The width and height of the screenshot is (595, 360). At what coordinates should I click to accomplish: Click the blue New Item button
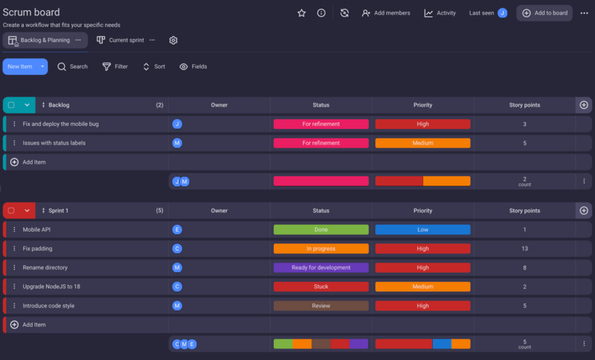(x=20, y=67)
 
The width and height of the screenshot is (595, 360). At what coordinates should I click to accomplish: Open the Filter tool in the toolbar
(x=115, y=67)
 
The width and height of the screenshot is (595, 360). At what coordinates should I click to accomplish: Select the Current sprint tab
(x=126, y=40)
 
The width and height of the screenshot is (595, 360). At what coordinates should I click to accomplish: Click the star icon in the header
(x=302, y=13)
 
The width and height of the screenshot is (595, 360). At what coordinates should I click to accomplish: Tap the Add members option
(x=386, y=13)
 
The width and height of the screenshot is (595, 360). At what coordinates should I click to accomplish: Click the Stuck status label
(x=321, y=287)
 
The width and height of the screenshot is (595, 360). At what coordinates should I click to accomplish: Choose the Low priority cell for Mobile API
(x=422, y=230)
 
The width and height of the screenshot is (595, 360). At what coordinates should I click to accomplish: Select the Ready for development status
(x=321, y=268)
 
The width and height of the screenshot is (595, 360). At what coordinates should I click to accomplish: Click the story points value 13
(x=524, y=249)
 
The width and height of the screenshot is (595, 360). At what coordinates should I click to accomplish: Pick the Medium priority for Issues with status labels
(x=422, y=143)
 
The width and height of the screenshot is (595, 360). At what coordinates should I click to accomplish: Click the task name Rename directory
(x=45, y=268)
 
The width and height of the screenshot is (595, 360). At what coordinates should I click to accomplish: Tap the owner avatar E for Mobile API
(x=177, y=230)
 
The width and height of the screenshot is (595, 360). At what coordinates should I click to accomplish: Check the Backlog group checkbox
(x=11, y=105)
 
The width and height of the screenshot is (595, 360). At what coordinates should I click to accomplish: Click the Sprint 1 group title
(x=58, y=211)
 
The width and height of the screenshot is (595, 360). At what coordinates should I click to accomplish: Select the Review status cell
(x=321, y=306)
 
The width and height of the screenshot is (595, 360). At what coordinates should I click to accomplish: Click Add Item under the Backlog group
(x=34, y=162)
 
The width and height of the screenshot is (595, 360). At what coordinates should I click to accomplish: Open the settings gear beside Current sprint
(x=173, y=40)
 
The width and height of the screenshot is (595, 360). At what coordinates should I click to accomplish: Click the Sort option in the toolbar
(x=154, y=67)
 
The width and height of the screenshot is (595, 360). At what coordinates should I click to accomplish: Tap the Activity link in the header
(x=440, y=13)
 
